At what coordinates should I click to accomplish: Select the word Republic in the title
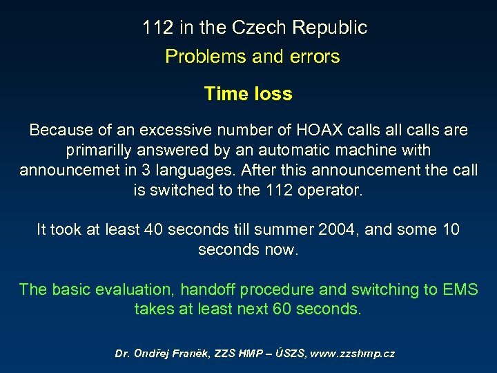(x=329, y=28)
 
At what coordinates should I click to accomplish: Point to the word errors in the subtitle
(x=314, y=57)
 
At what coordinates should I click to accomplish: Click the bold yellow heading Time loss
(x=248, y=94)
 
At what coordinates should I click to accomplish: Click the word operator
(x=330, y=190)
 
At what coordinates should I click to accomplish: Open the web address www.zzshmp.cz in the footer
(x=352, y=354)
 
